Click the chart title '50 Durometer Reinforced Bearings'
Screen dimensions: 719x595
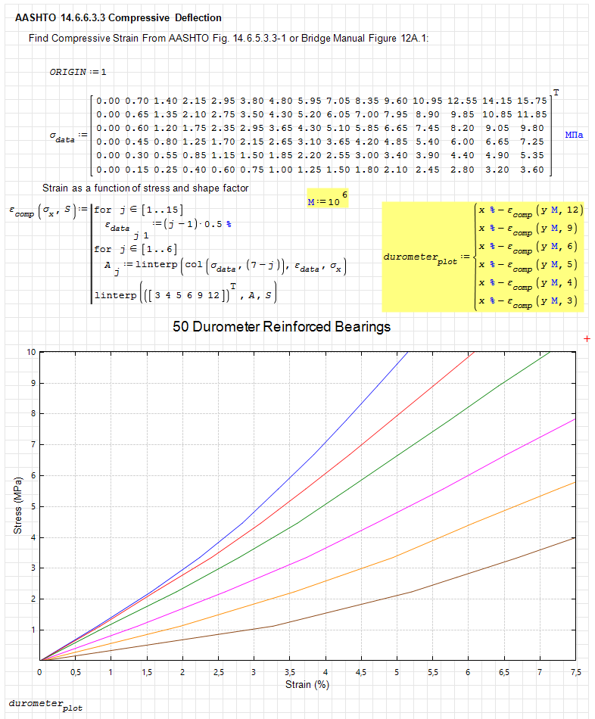tap(282, 327)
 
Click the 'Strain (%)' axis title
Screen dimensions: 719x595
tap(307, 685)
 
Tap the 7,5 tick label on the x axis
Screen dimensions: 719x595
tap(575, 671)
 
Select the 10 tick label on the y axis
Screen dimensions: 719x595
tap(31, 352)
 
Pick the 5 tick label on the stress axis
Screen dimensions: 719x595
tap(33, 506)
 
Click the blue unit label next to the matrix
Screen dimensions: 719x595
tap(574, 134)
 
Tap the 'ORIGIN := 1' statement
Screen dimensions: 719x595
tap(78, 72)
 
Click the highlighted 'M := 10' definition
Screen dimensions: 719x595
tap(326, 201)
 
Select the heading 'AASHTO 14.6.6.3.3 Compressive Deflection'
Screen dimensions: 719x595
tap(119, 17)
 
